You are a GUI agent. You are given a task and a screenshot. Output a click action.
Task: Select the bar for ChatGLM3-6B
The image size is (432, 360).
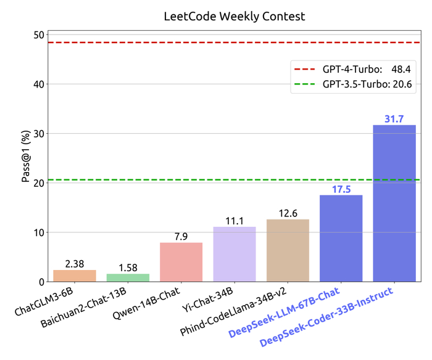click(x=74, y=276)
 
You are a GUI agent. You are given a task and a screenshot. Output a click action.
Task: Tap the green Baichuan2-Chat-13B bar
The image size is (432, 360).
click(x=128, y=278)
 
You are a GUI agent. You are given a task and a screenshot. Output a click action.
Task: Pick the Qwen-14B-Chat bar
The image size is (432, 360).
click(x=181, y=262)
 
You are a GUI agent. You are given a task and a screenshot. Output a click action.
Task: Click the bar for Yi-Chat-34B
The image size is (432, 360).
click(x=235, y=254)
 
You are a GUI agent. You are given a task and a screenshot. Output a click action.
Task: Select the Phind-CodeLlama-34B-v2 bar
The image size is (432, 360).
click(x=288, y=250)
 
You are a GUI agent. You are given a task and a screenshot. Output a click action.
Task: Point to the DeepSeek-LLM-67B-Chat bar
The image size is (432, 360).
click(x=341, y=239)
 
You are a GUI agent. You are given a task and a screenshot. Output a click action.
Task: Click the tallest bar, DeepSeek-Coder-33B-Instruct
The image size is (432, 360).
click(x=394, y=203)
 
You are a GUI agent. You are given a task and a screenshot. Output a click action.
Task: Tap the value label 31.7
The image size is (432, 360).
click(x=394, y=118)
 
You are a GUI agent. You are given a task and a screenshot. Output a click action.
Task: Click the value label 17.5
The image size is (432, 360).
click(x=341, y=189)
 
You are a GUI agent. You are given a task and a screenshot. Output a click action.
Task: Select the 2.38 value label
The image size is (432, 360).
click(x=74, y=264)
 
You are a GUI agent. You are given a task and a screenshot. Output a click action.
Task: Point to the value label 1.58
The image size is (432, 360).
click(x=128, y=268)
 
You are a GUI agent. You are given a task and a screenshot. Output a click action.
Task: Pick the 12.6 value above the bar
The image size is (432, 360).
click(x=288, y=213)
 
